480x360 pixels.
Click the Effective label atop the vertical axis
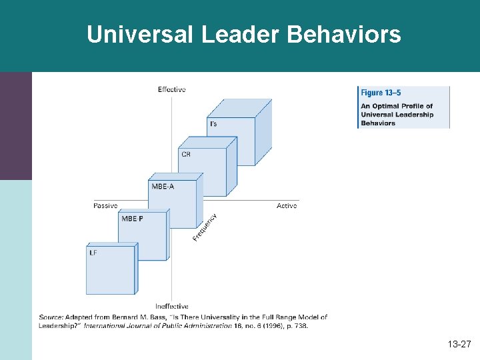171,89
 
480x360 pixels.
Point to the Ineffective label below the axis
171,307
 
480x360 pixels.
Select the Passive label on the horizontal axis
105,206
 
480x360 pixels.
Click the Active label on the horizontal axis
287,206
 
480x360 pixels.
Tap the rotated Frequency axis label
205,227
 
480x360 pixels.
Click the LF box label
93,253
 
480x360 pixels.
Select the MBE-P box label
131,219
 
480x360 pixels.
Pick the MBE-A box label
162,187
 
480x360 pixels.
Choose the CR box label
186,155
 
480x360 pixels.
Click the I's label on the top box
213,124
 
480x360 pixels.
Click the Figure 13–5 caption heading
381,93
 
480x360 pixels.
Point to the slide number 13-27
459,345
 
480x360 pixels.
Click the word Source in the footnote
50,317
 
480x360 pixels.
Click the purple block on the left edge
15,125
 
